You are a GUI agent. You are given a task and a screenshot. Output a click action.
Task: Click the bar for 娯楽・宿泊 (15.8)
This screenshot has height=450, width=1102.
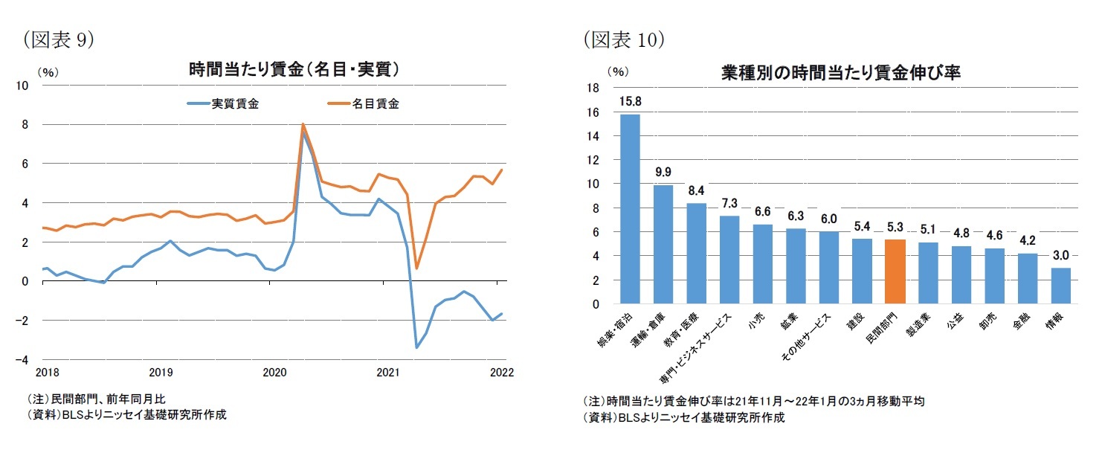click(630, 209)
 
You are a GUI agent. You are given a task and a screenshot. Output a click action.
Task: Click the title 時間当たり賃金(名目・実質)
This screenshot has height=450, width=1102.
click(294, 71)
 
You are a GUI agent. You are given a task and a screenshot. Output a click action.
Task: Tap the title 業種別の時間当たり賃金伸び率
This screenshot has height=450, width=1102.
click(842, 73)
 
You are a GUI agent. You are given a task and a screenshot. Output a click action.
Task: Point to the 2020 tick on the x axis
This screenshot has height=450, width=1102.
click(274, 372)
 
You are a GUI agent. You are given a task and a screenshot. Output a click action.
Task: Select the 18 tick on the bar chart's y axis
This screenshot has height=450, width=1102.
click(593, 89)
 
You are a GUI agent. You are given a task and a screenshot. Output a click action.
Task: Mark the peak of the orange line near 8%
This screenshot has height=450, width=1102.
click(303, 124)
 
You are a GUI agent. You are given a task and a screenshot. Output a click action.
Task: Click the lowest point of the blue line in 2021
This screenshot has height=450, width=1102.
click(416, 347)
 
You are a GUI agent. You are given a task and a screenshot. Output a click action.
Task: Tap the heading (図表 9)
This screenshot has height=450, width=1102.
click(59, 40)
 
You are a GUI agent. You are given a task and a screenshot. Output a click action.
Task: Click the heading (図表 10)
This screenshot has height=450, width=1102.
click(623, 40)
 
